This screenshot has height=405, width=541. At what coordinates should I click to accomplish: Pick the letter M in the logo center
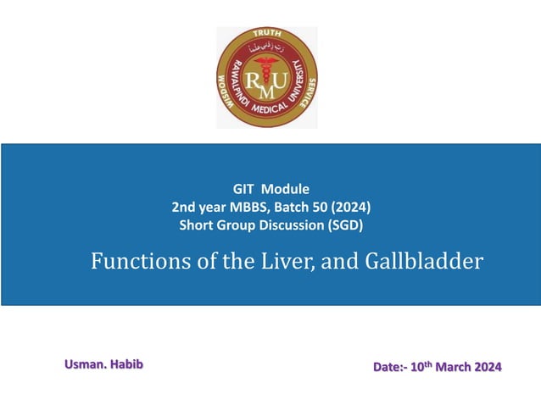pyautogui.click(x=266, y=87)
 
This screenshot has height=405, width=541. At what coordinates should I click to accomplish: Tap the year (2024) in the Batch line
pyautogui.click(x=353, y=207)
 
